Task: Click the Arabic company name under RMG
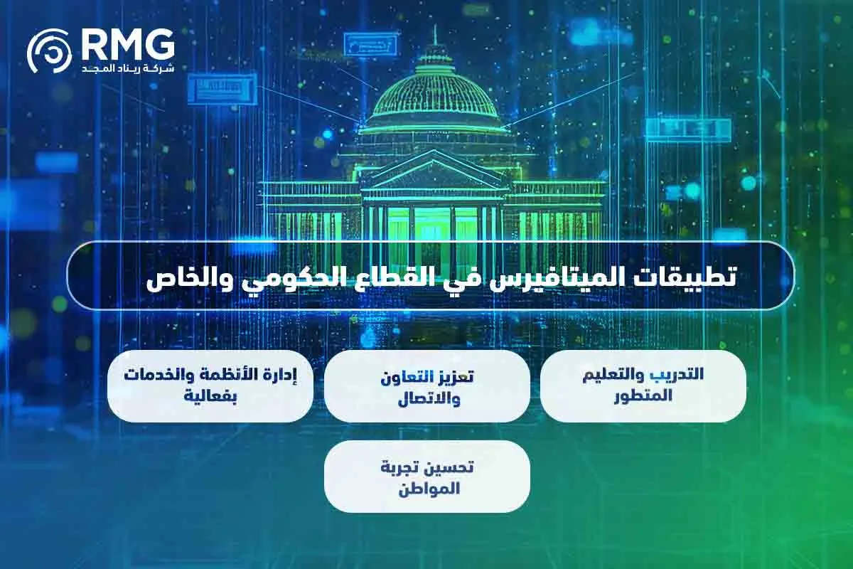click(x=128, y=68)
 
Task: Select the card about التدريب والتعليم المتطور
click(x=643, y=386)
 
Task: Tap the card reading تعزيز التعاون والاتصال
click(x=426, y=386)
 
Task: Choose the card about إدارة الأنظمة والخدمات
click(x=210, y=386)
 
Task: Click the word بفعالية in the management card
click(x=210, y=398)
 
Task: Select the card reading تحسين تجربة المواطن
click(x=426, y=477)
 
